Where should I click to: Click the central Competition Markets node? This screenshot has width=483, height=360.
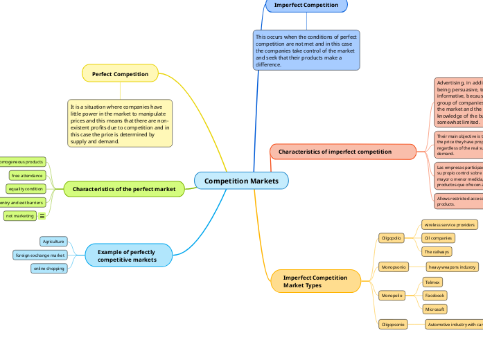(241, 181)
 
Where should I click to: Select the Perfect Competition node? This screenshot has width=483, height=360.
(120, 73)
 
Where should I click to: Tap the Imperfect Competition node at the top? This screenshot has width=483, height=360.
(306, 5)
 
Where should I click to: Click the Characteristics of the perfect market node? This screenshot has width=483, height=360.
(124, 188)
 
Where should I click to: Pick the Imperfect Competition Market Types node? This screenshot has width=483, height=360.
(315, 281)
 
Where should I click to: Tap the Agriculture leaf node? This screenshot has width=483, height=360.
(53, 242)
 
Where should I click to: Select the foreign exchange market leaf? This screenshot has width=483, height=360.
(39, 255)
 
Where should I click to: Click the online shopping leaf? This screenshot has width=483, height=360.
(49, 269)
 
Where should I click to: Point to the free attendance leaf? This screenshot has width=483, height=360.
(27, 175)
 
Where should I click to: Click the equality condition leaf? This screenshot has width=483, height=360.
(26, 189)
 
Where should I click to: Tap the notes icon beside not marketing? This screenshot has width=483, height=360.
(42, 216)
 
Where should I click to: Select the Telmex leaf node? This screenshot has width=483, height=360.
(432, 282)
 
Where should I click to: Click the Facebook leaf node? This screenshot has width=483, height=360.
(434, 296)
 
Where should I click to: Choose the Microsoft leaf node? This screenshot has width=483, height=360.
(434, 309)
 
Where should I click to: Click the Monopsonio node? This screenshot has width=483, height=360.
(393, 267)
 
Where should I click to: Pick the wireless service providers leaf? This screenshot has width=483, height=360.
(450, 224)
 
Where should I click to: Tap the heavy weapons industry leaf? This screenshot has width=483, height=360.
(452, 267)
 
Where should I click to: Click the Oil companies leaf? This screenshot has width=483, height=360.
(438, 238)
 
